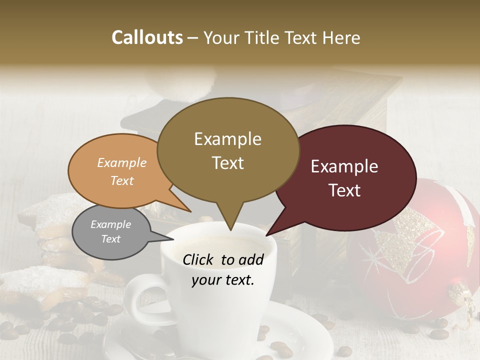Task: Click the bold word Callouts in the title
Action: tap(147, 37)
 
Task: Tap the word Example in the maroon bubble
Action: tap(344, 166)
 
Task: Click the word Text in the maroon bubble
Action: tap(344, 190)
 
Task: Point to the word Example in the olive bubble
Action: tap(227, 139)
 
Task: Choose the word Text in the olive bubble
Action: tap(227, 163)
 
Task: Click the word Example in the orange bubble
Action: tap(122, 162)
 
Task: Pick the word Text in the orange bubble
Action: tap(122, 180)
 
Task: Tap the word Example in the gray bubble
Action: tap(111, 224)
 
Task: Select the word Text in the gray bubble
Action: tap(111, 239)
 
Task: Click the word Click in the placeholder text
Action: tap(199, 259)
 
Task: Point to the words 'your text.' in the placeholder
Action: tap(223, 280)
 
